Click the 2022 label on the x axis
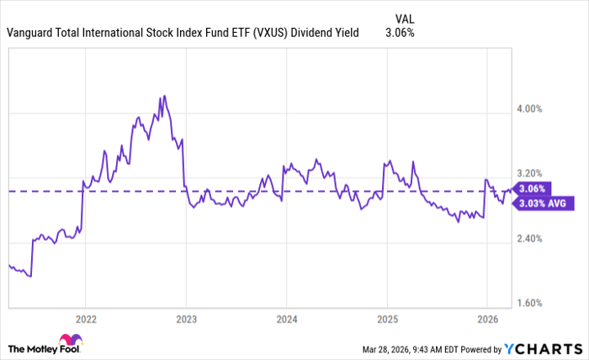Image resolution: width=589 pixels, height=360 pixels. [85, 320]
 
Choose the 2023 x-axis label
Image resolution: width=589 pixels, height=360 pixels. [186, 320]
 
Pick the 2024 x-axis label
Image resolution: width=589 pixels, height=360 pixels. [286, 320]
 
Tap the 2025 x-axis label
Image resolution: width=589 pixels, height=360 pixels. [386, 320]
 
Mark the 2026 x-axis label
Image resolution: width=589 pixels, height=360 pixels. [487, 320]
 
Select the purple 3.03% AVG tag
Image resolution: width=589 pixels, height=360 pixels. [544, 203]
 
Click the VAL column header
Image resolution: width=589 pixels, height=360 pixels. [405, 17]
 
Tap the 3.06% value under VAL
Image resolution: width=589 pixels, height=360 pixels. [400, 33]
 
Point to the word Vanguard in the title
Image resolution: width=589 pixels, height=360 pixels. [32, 33]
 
